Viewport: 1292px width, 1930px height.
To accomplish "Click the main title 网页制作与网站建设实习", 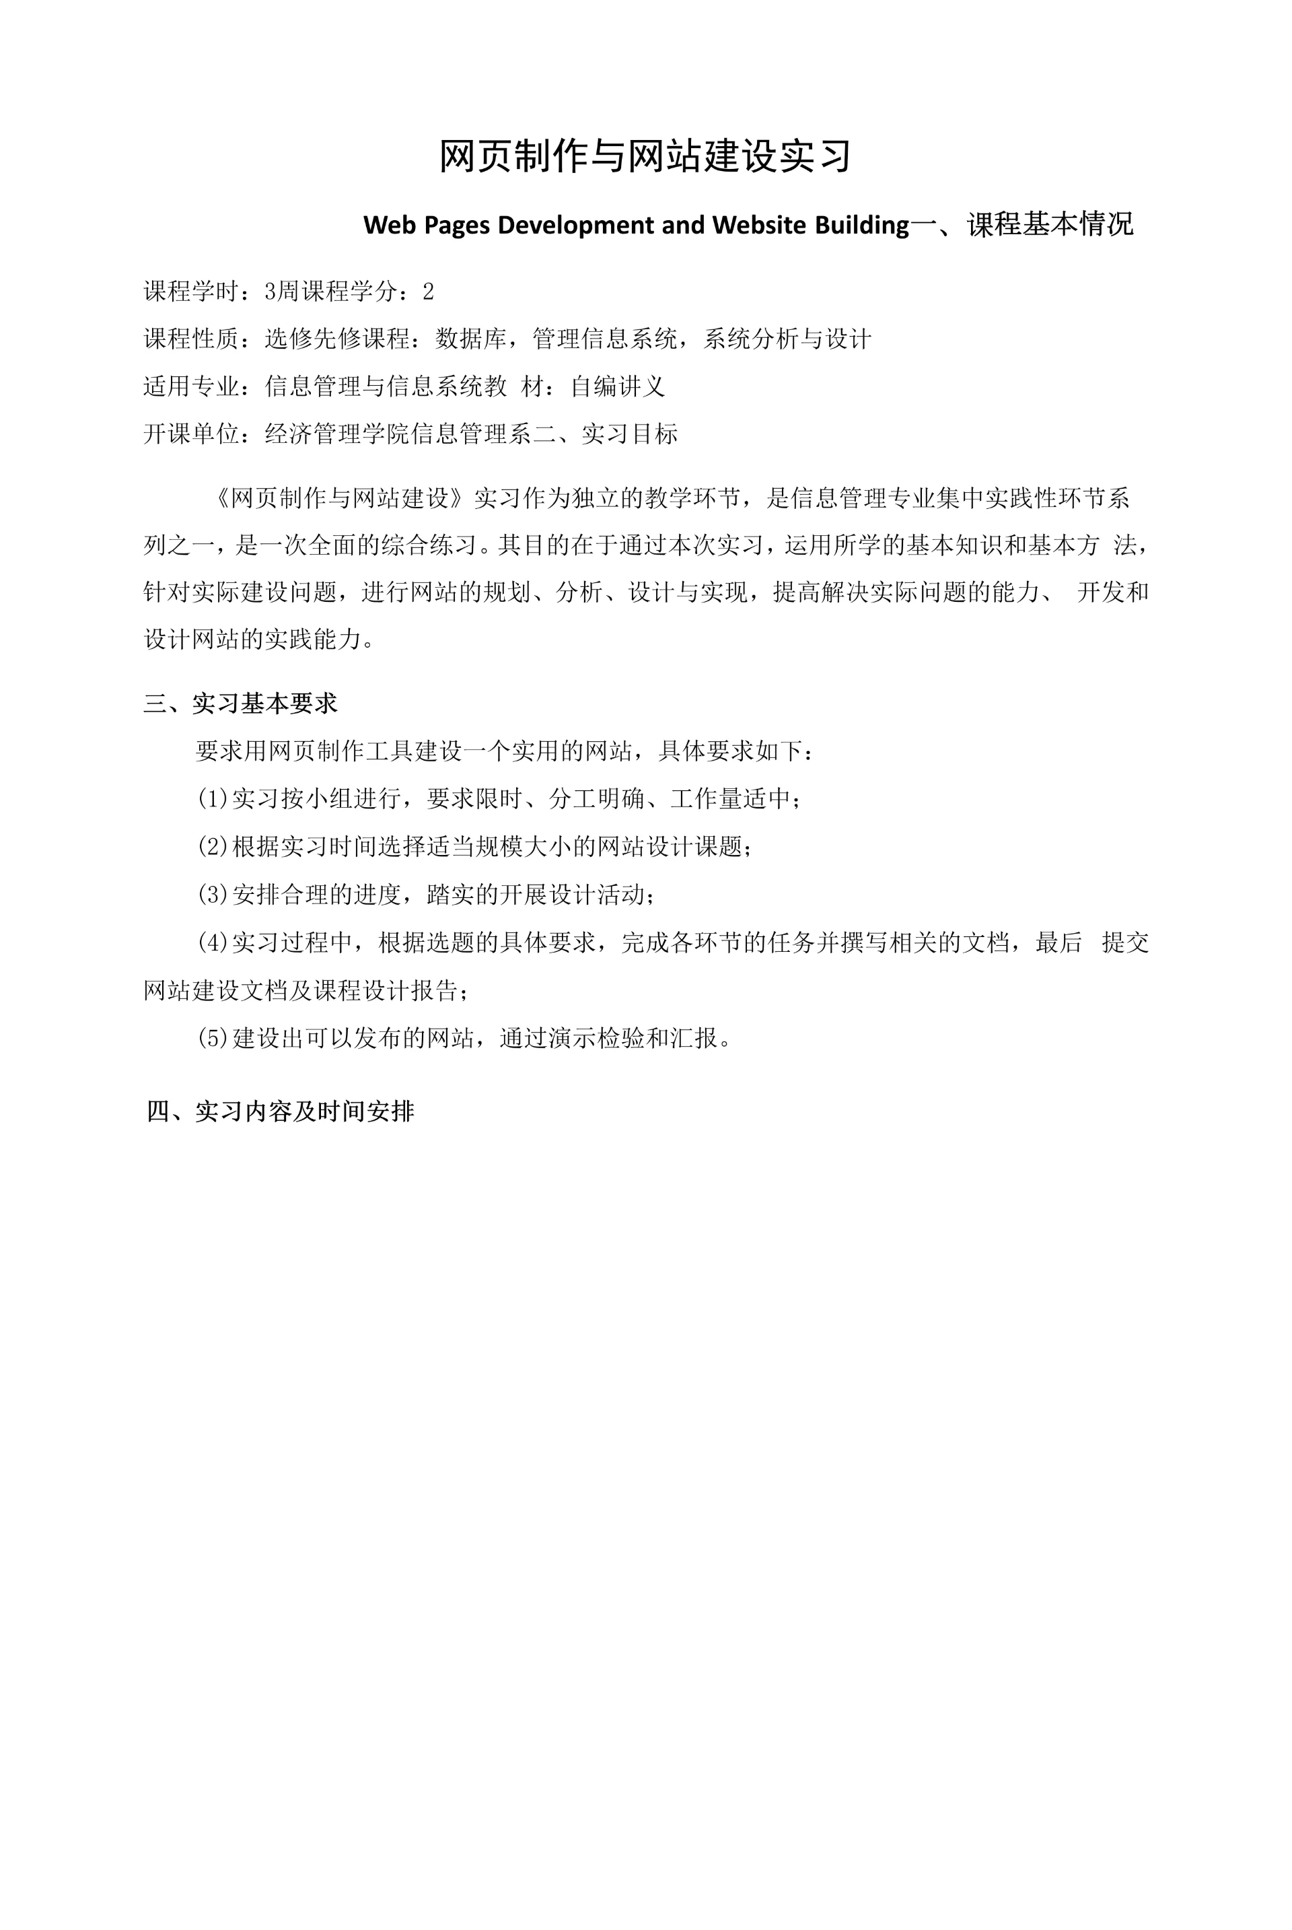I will pyautogui.click(x=645, y=156).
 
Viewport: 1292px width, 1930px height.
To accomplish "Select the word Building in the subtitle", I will pyautogui.click(x=862, y=225).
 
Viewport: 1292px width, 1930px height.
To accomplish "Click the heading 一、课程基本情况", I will pyautogui.click(x=1021, y=224).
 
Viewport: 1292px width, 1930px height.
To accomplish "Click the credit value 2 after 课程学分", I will pyautogui.click(x=428, y=291).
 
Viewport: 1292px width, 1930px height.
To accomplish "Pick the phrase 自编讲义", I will pyautogui.click(x=618, y=386).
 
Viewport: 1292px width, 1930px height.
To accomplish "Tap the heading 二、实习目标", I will pyautogui.click(x=606, y=434).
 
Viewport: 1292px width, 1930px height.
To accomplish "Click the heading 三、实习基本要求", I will pyautogui.click(x=241, y=703).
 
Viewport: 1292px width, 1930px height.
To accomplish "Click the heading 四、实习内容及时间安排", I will pyautogui.click(x=280, y=1111).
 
